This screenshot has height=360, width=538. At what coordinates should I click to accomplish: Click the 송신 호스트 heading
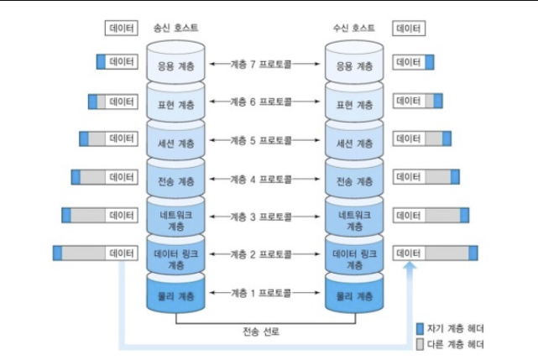(x=176, y=29)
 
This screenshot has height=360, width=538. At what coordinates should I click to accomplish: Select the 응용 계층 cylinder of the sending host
(x=176, y=65)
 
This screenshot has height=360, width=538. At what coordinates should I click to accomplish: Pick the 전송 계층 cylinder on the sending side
(x=176, y=180)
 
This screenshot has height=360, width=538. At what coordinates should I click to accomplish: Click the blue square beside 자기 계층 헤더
(x=420, y=328)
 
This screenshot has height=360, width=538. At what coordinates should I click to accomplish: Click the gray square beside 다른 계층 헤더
(x=420, y=344)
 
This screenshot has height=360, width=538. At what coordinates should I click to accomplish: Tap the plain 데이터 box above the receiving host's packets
(x=409, y=29)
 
